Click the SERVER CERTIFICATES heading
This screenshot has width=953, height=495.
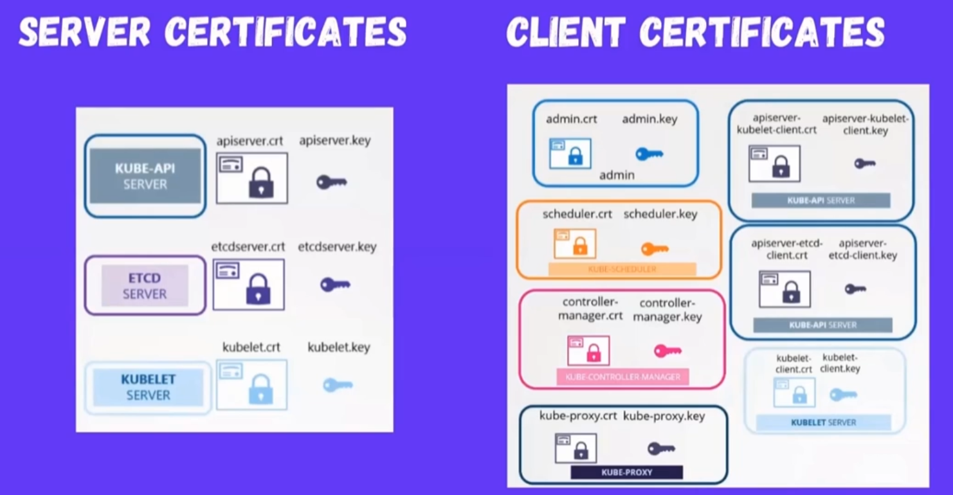click(x=212, y=31)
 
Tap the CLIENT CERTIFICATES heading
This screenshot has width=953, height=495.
click(x=695, y=31)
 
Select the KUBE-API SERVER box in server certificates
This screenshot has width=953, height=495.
click(x=145, y=176)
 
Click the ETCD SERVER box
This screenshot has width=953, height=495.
click(x=145, y=285)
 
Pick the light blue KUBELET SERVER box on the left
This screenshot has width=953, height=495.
click(x=148, y=387)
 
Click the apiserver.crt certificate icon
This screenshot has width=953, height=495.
click(x=251, y=178)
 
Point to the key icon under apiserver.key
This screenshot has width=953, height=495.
click(x=332, y=182)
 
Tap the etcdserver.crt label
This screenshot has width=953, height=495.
click(x=248, y=247)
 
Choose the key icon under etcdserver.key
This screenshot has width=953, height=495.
click(x=335, y=284)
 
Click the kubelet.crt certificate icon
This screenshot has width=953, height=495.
click(x=251, y=384)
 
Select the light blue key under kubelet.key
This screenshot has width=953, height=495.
click(x=338, y=385)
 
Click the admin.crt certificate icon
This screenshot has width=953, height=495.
click(x=570, y=154)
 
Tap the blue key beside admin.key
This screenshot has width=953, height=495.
click(x=649, y=154)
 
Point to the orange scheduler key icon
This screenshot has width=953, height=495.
click(x=655, y=249)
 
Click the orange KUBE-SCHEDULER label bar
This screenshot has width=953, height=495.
click(x=622, y=269)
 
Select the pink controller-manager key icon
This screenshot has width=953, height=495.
click(x=667, y=351)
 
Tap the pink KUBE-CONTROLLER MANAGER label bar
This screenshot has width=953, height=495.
click(x=622, y=377)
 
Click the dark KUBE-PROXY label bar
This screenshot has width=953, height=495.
click(x=626, y=473)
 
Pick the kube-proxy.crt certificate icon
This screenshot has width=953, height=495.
click(x=576, y=448)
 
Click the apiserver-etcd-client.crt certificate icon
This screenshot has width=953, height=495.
click(x=785, y=289)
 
